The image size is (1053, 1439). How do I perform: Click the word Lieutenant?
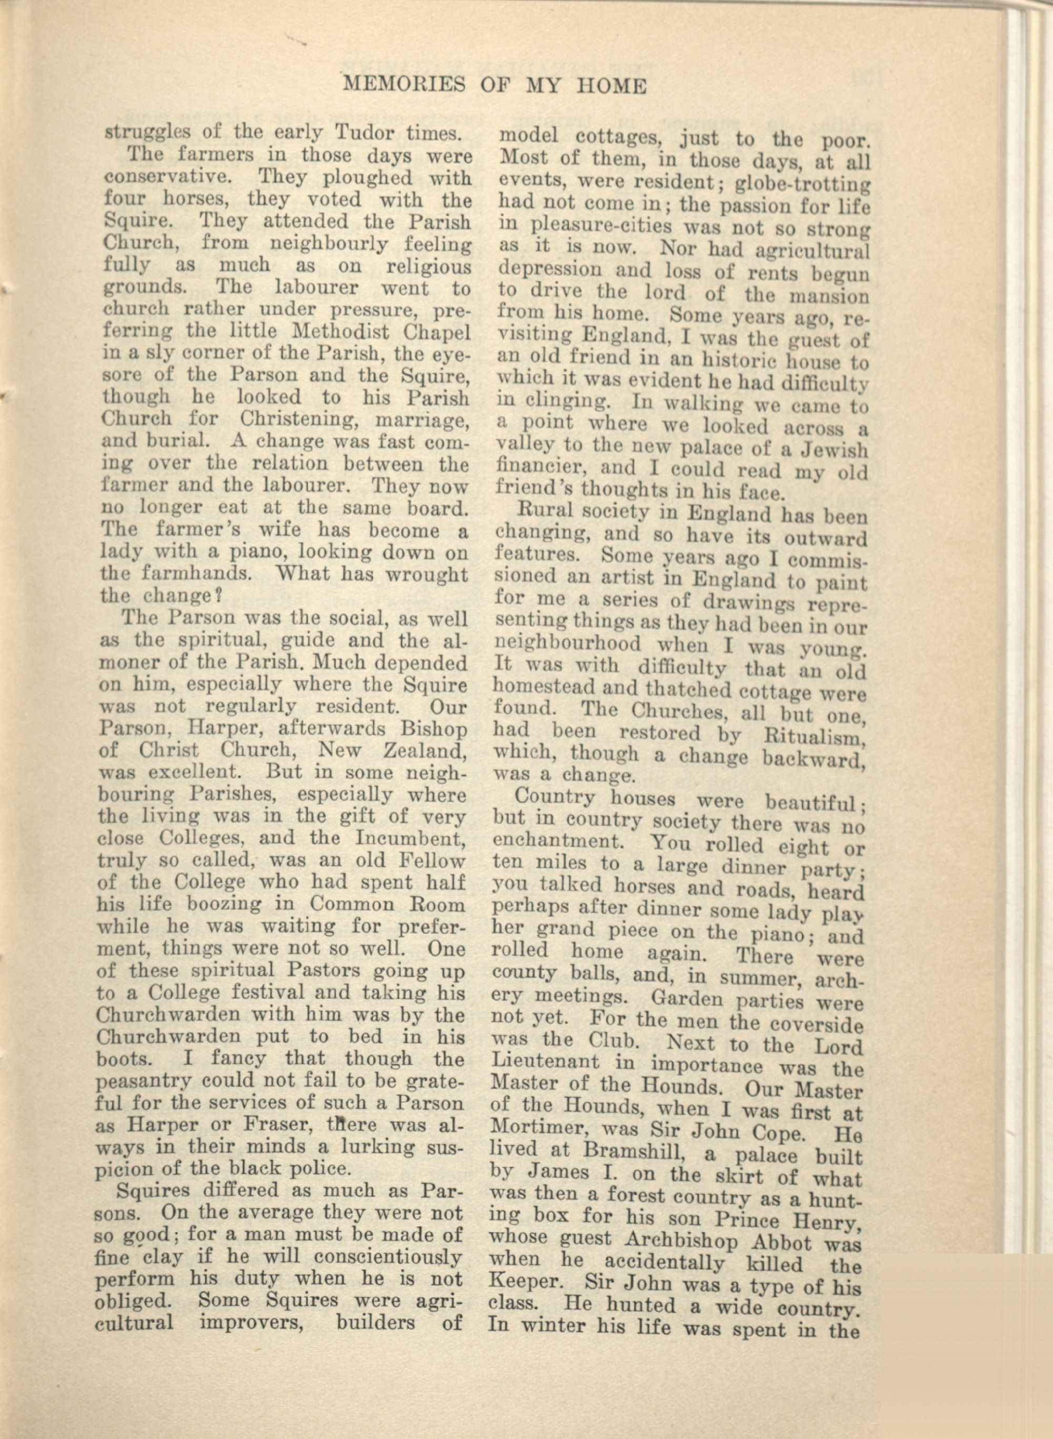point(546,1062)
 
